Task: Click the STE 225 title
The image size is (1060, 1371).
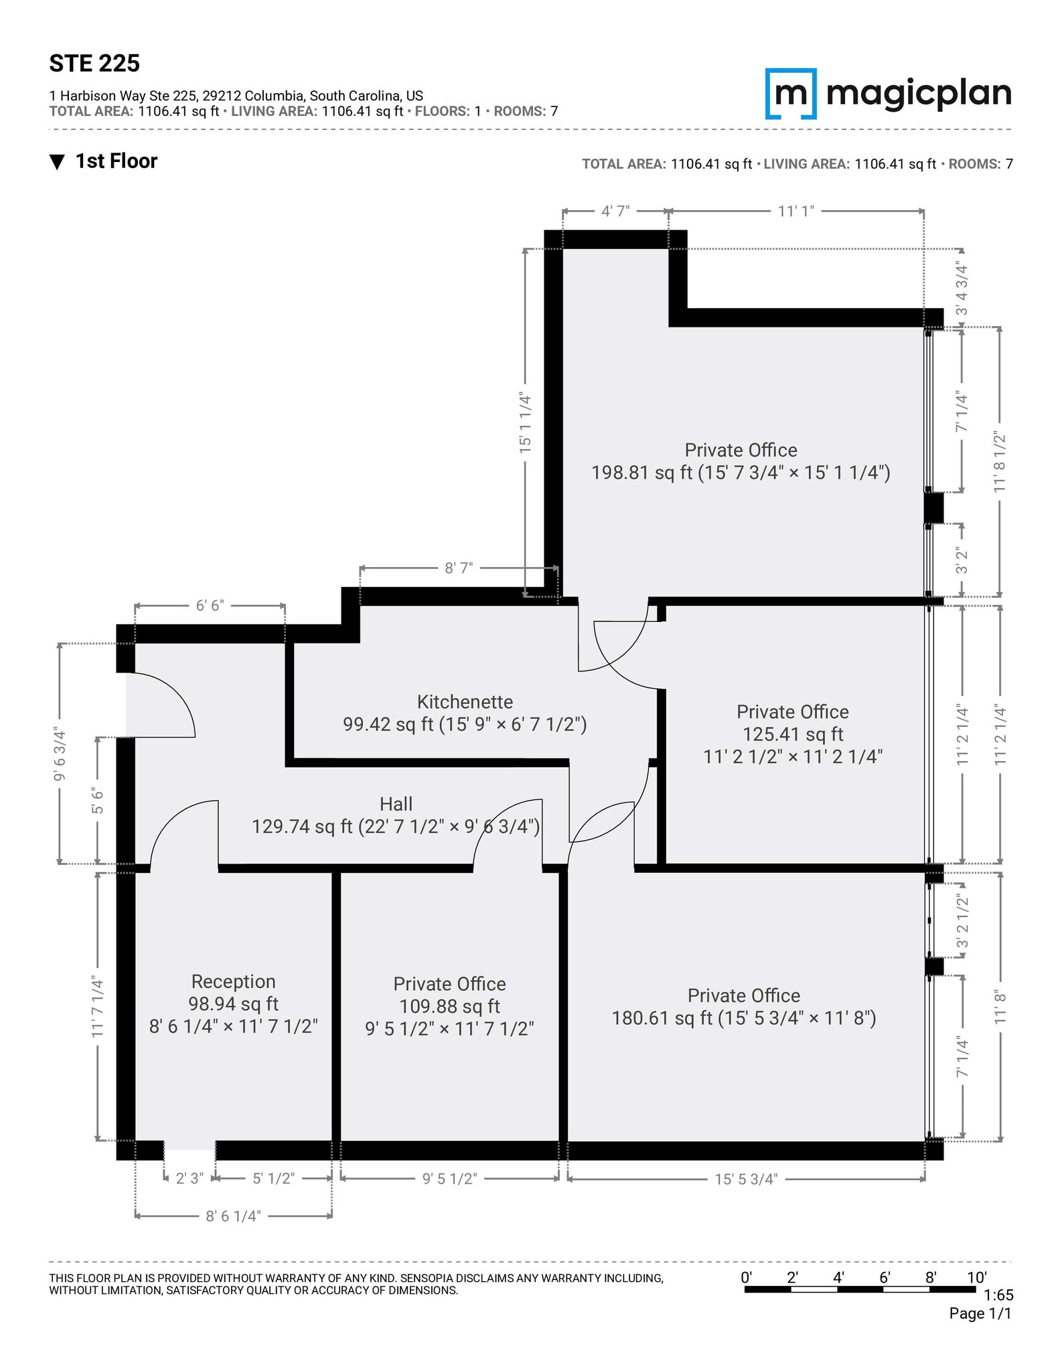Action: pyautogui.click(x=94, y=64)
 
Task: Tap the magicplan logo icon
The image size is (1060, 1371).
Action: pyautogui.click(x=790, y=94)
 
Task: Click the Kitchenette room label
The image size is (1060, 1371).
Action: pyautogui.click(x=465, y=702)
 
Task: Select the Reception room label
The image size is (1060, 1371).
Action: pyautogui.click(x=233, y=981)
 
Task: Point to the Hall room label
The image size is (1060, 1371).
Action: pyautogui.click(x=396, y=804)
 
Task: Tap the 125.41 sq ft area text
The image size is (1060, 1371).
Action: pyautogui.click(x=793, y=734)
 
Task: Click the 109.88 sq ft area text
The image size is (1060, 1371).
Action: pyautogui.click(x=449, y=1006)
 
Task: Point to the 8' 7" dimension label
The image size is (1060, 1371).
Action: pyautogui.click(x=459, y=568)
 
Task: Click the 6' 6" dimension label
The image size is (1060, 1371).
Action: pyautogui.click(x=210, y=606)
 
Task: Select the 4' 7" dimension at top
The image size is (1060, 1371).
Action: pyautogui.click(x=615, y=212)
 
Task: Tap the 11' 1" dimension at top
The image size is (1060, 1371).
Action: pyautogui.click(x=796, y=212)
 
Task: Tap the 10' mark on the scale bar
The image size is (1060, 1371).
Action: pyautogui.click(x=976, y=1277)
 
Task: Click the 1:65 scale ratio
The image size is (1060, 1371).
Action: pyautogui.click(x=998, y=1295)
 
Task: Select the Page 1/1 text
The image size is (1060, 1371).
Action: pyautogui.click(x=980, y=1313)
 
